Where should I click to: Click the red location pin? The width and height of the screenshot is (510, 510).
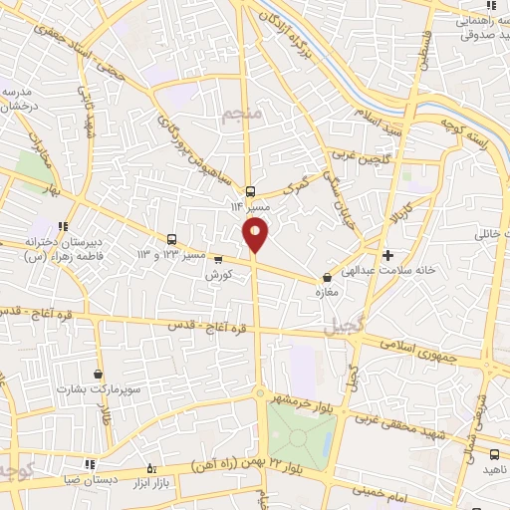click(x=256, y=235)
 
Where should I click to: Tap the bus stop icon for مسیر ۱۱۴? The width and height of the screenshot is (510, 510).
click(x=250, y=192)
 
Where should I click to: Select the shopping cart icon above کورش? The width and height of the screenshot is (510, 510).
click(x=218, y=259)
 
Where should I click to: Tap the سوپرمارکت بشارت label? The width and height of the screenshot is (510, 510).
click(x=97, y=388)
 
